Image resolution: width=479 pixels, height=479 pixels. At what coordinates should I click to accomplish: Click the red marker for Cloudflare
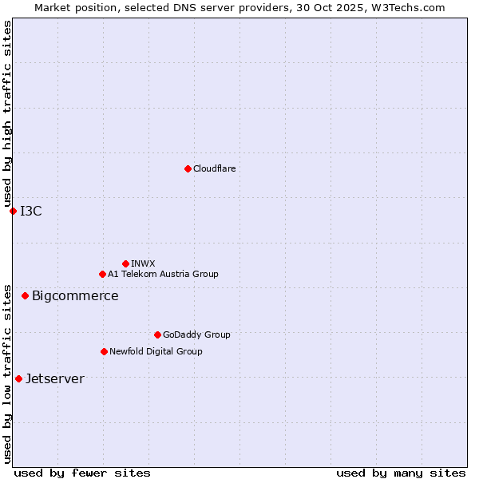(x=188, y=168)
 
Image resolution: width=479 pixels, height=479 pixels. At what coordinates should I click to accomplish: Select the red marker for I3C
(x=13, y=211)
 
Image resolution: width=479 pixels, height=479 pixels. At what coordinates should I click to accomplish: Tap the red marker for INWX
(x=125, y=263)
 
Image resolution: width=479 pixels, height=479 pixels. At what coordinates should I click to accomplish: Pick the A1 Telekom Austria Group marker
(x=102, y=274)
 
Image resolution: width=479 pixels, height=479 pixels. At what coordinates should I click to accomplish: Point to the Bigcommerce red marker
(x=25, y=295)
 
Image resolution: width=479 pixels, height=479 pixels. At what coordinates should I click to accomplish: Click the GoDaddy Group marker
(x=157, y=335)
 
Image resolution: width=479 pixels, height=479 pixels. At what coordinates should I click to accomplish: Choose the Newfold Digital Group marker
(x=104, y=351)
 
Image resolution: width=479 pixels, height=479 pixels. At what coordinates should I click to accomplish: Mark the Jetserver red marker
(x=18, y=378)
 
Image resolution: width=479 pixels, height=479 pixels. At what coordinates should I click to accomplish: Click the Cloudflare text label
(x=214, y=168)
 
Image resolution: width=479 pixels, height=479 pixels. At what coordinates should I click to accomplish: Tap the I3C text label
(x=31, y=211)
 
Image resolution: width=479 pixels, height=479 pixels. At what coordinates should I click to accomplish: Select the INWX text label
(x=143, y=263)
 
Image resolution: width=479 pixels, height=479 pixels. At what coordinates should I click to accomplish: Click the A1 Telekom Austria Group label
(x=163, y=274)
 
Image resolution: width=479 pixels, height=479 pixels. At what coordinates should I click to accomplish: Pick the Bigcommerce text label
(x=75, y=295)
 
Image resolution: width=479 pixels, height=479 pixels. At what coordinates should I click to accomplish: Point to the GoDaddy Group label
(x=196, y=335)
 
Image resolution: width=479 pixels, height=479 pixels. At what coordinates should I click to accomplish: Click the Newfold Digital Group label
(x=156, y=351)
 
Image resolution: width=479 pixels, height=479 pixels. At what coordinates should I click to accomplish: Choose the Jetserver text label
(x=54, y=378)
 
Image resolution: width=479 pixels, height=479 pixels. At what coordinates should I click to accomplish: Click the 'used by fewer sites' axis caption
(x=82, y=473)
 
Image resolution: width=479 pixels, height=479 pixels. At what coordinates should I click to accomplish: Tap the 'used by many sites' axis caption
(x=400, y=473)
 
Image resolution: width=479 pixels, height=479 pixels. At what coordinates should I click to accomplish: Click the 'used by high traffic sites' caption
(x=7, y=113)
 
